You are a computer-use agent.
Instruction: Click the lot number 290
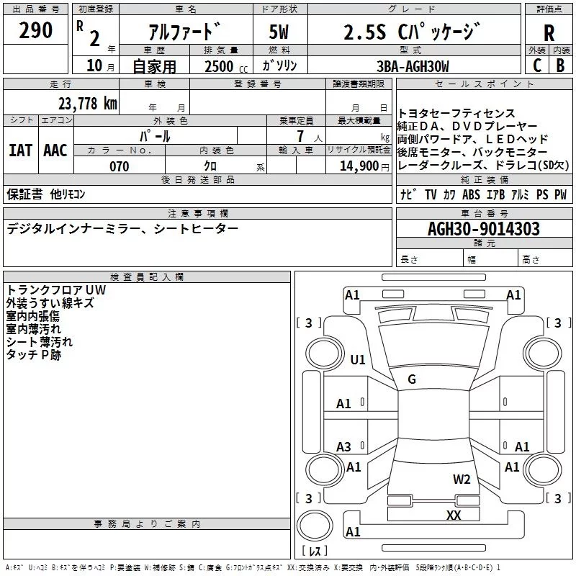[x=36, y=31]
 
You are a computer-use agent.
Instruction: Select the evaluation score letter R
[x=549, y=33]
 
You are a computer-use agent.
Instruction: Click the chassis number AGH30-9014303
[x=483, y=229]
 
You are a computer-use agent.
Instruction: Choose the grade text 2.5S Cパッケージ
[x=415, y=32]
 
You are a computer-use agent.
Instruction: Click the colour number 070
[x=119, y=166]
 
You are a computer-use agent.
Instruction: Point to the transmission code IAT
[x=20, y=150]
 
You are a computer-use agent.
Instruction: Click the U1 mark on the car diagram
[x=358, y=359]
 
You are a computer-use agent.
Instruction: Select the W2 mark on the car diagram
[x=462, y=480]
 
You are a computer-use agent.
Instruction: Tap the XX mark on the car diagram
[x=454, y=515]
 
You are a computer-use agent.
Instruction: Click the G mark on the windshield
[x=412, y=379]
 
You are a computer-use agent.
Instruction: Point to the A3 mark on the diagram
[x=344, y=447]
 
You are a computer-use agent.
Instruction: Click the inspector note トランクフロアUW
[x=55, y=290]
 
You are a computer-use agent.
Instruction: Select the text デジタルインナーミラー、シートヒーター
[x=122, y=228]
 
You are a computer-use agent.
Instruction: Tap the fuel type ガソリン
[x=279, y=66]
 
